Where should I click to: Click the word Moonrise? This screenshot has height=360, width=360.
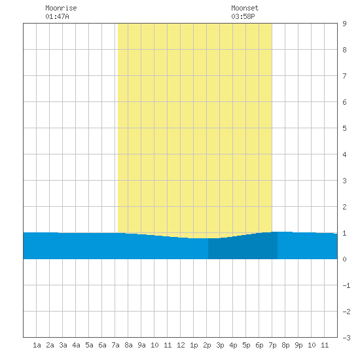tap(61, 8)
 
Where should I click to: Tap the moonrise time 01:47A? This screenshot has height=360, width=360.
tap(57, 16)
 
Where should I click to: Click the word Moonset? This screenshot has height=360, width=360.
tap(245, 8)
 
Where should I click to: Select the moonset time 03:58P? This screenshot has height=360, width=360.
tap(243, 16)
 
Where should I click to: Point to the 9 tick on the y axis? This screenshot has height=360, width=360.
tap(344, 24)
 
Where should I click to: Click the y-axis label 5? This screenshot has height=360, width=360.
tap(344, 128)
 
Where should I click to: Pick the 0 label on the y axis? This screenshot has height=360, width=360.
tap(344, 259)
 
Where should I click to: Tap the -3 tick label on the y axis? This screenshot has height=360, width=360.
tap(346, 338)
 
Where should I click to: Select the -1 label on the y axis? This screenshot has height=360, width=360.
tap(346, 285)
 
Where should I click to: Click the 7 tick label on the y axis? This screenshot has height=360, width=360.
tap(344, 76)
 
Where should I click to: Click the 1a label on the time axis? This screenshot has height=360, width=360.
tap(37, 345)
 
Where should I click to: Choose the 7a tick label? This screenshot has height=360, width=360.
tap(115, 345)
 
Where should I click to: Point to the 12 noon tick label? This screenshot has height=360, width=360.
tap(181, 345)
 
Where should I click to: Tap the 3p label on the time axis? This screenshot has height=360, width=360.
tap(220, 345)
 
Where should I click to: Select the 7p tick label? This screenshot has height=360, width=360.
tap(272, 345)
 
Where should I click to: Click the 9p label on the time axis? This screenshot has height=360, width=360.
tap(298, 345)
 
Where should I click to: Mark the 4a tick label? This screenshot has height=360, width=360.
tap(76, 345)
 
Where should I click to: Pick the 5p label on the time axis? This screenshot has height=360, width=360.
tap(246, 345)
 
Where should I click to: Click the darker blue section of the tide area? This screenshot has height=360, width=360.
tap(243, 248)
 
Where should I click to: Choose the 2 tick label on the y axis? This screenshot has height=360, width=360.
tap(344, 207)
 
